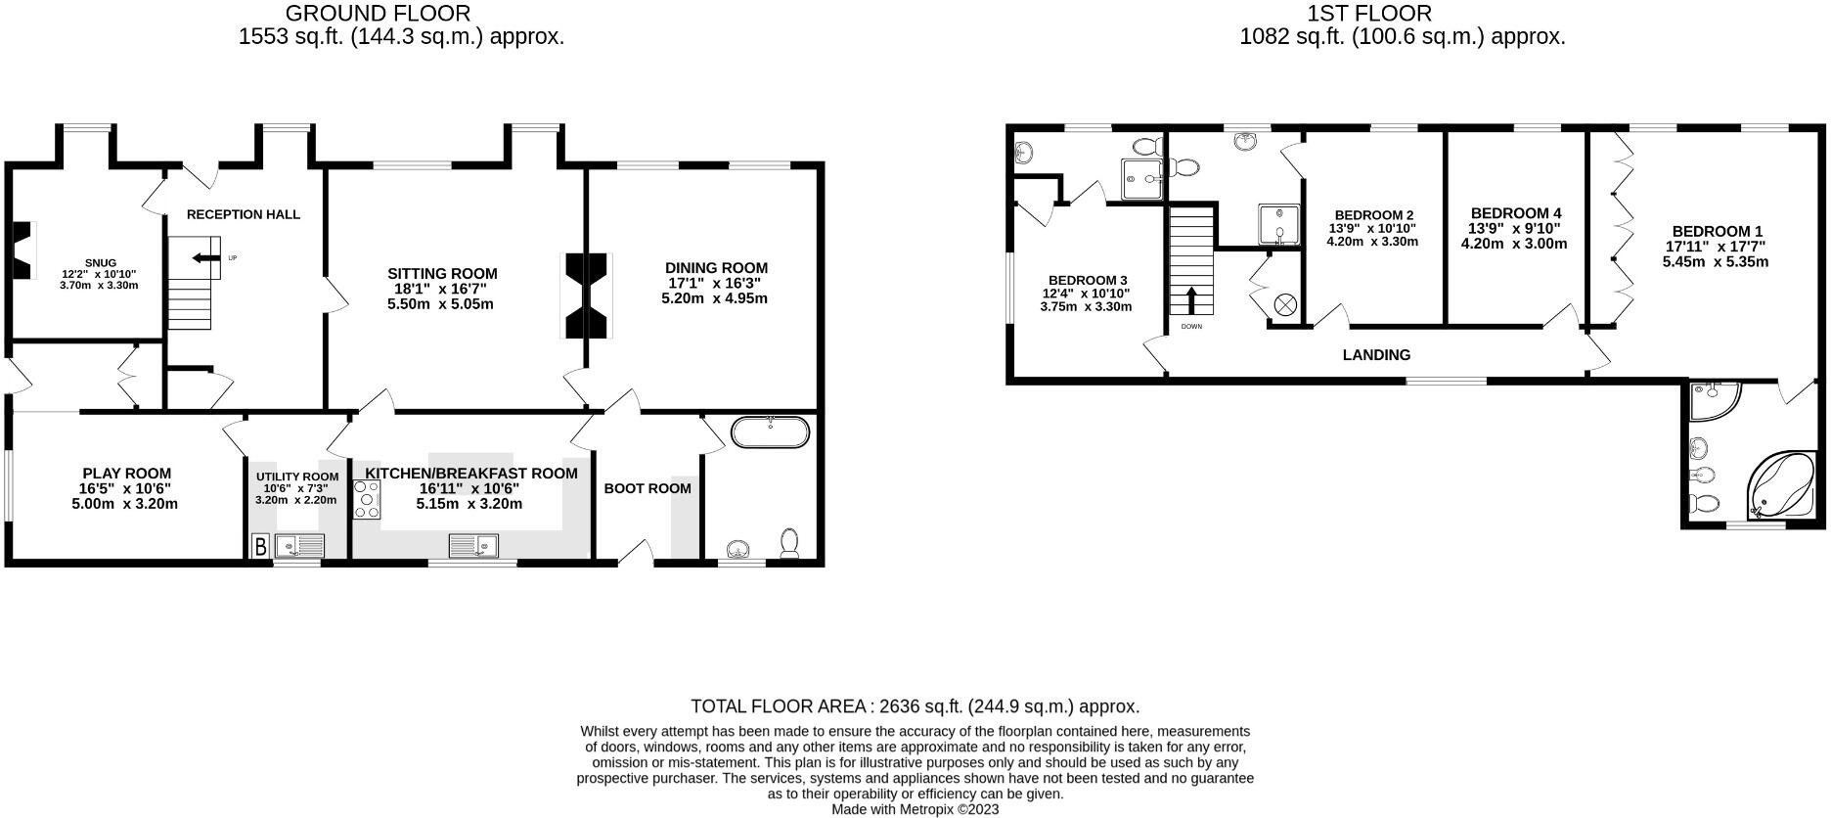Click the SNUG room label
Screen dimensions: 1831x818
101,262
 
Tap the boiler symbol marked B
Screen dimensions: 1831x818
261,546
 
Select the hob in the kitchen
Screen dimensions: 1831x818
368,500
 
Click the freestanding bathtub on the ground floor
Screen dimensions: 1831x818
772,432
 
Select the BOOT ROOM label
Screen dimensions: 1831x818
648,488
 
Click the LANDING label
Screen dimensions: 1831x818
1376,355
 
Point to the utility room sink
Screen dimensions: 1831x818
298,546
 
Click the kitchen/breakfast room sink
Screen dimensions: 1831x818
474,545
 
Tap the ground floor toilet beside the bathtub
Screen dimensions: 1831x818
790,543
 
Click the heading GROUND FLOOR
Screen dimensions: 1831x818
378,14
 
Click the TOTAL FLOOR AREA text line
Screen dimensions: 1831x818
915,706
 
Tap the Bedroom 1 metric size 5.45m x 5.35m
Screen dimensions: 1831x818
1716,262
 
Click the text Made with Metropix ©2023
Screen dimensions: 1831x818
915,809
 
